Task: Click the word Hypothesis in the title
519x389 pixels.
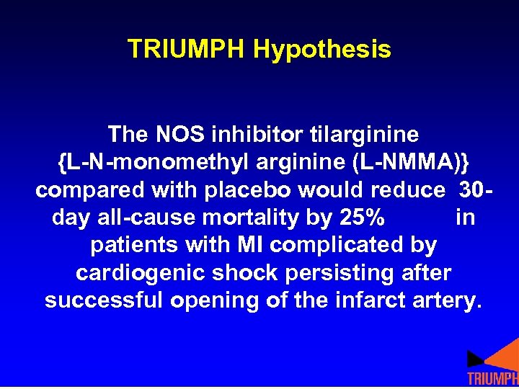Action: tap(322, 50)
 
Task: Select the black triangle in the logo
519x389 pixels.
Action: tap(474, 359)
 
